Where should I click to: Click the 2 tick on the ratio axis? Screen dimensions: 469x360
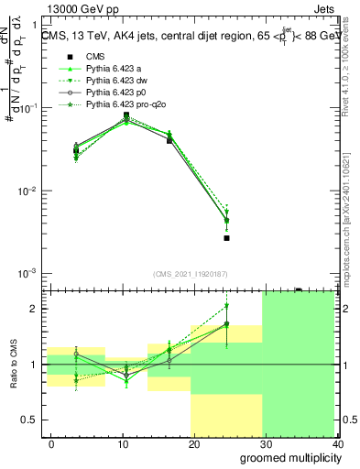pos(34,309)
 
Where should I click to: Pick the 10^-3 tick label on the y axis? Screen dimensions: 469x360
pos(27,274)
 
